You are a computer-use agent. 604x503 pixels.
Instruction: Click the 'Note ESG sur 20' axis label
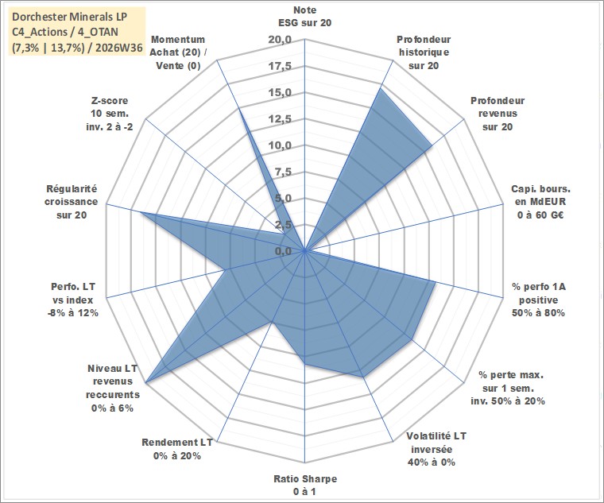tap(304, 16)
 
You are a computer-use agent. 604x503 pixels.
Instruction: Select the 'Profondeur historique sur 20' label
tap(424, 52)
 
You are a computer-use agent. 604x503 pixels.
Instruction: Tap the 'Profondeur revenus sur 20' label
tap(498, 114)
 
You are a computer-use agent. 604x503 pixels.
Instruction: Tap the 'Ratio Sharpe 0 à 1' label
tap(305, 485)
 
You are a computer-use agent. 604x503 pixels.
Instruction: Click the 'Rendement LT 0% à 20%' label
tap(176, 449)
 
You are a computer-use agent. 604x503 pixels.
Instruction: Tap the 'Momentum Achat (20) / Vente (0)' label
tap(178, 52)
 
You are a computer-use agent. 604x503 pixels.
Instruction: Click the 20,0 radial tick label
tap(281, 40)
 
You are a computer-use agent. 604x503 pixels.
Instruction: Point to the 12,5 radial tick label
tap(281, 119)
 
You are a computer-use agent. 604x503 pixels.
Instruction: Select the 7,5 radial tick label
tap(284, 172)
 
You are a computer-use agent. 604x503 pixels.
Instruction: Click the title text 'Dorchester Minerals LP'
tap(70, 17)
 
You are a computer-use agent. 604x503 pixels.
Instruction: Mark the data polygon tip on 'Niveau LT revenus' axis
tap(146, 383)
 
